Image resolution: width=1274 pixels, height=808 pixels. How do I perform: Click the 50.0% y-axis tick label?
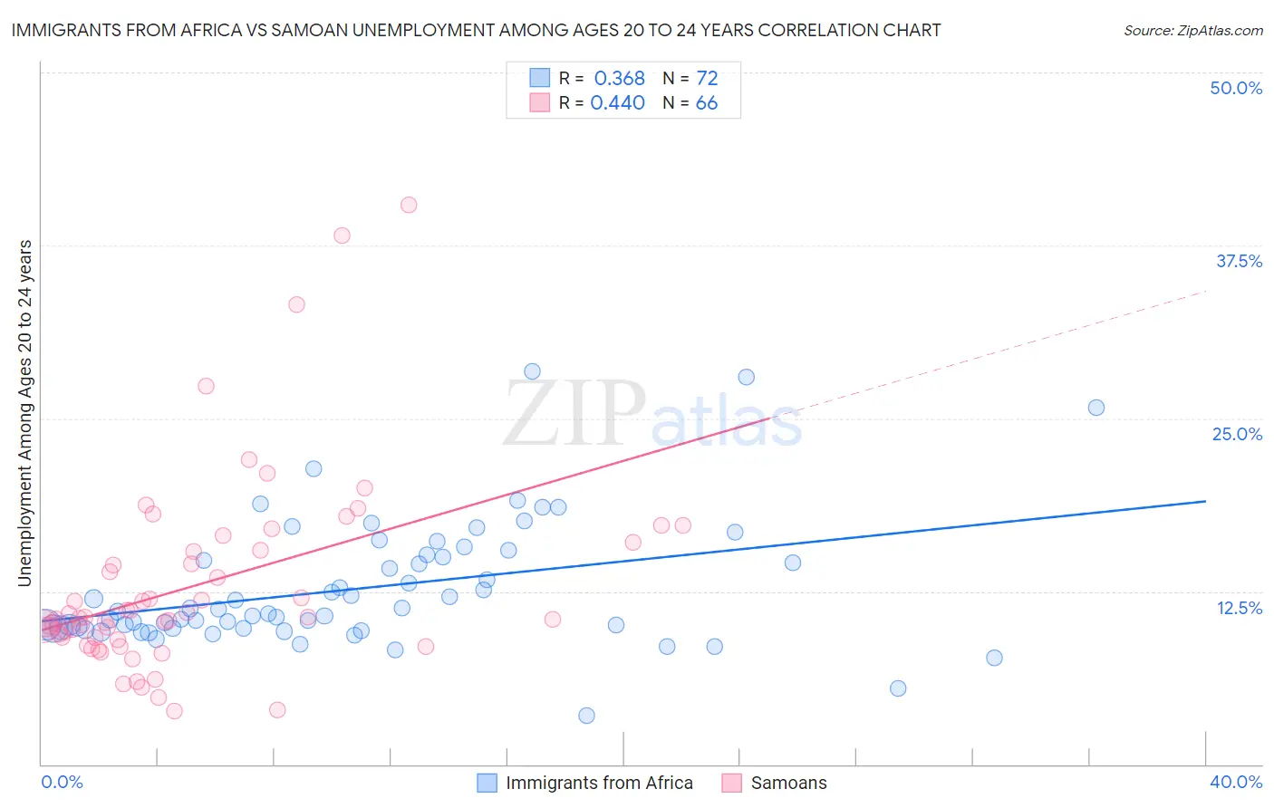click(1236, 88)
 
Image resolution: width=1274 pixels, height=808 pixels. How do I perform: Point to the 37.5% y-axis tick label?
click(1239, 261)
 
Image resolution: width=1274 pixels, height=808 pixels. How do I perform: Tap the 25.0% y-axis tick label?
click(1237, 434)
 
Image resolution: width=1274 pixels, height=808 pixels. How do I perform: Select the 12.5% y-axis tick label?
click(1239, 608)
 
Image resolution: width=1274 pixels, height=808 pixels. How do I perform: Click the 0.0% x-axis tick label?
click(62, 782)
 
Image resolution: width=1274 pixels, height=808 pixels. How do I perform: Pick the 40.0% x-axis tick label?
click(1236, 782)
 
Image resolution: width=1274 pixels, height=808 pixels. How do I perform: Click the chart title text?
click(476, 30)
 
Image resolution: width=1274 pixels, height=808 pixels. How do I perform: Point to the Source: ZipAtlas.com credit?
click(1192, 30)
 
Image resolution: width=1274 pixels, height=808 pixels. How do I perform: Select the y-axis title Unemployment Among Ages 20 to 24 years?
click(24, 413)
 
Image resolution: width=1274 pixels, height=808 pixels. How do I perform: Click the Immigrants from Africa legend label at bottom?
click(599, 783)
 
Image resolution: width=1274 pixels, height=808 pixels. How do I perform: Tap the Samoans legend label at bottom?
click(788, 783)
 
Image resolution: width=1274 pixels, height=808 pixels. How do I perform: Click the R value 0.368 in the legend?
click(619, 79)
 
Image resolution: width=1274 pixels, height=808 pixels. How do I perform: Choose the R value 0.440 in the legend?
click(617, 103)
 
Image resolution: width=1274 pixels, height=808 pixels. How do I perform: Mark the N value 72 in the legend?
click(707, 79)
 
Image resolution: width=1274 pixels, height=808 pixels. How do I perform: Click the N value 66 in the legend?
click(706, 103)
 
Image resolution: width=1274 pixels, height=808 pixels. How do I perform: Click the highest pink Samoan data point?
click(409, 205)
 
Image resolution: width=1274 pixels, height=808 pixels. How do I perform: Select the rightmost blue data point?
click(1095, 408)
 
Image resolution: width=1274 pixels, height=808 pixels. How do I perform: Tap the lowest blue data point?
click(586, 716)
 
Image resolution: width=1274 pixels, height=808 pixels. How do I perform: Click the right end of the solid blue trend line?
click(1205, 501)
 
